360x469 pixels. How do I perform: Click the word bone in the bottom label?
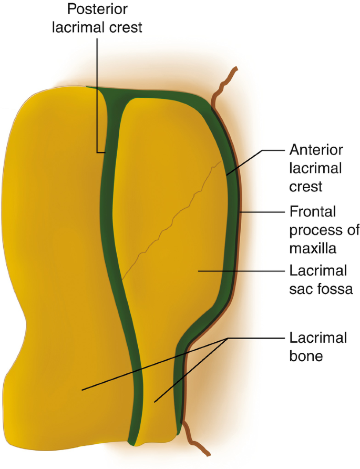(306, 355)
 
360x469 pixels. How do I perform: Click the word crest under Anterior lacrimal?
(305, 186)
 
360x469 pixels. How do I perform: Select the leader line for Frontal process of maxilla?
(263, 212)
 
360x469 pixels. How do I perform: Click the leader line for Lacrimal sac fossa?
(242, 271)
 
